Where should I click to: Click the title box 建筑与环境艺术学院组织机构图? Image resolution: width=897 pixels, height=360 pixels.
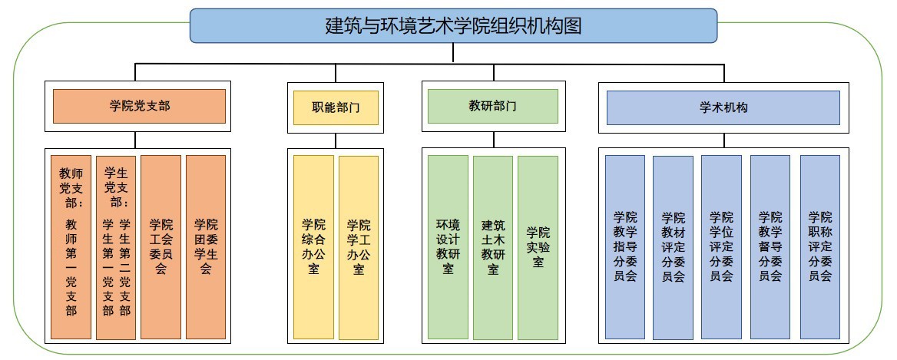(x=453, y=25)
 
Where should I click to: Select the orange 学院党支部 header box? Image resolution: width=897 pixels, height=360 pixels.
(x=139, y=106)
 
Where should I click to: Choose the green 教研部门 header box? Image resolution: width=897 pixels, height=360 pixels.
(x=492, y=106)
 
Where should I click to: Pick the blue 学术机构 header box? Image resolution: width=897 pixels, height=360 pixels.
(x=723, y=107)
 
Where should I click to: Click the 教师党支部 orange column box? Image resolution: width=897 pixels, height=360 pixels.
(x=71, y=247)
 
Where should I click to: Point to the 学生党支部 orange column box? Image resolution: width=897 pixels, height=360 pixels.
(x=116, y=247)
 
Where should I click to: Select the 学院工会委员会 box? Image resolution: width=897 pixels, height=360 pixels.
(x=161, y=247)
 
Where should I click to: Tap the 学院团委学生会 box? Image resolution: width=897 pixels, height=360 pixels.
(x=206, y=247)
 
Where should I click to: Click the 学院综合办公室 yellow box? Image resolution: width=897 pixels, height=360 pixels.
(x=313, y=247)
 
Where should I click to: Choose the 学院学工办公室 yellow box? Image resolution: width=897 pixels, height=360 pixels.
(x=359, y=247)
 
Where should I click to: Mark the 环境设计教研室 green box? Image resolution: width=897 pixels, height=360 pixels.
(x=448, y=247)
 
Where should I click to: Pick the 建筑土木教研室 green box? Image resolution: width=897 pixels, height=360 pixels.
(x=493, y=247)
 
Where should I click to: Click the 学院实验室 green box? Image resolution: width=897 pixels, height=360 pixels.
(x=538, y=247)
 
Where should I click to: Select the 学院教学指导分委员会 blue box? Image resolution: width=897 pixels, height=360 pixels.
(x=625, y=247)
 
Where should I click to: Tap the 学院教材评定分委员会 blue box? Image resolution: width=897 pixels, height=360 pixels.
(x=673, y=247)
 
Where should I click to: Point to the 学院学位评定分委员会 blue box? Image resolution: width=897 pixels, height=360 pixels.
(x=721, y=247)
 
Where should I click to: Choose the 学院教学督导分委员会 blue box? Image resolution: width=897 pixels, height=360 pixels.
(x=770, y=247)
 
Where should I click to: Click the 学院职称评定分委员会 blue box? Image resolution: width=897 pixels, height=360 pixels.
(x=820, y=247)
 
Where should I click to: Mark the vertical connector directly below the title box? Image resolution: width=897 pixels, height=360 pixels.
(x=453, y=52)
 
